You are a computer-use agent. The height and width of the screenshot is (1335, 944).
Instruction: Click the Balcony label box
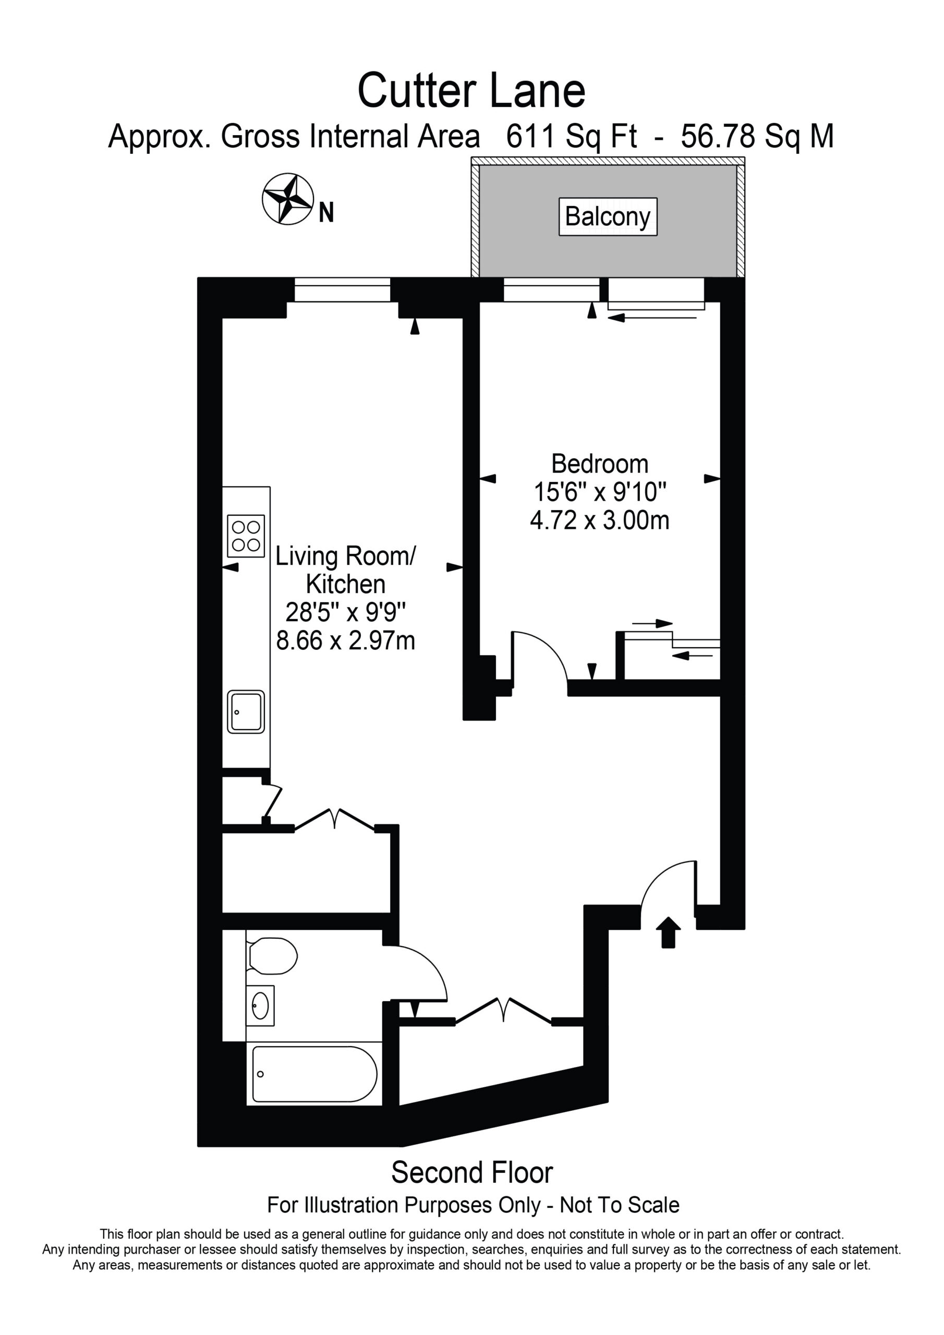608,217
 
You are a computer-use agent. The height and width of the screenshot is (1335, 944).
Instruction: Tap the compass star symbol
288,199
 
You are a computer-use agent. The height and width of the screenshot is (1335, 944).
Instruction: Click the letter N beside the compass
326,212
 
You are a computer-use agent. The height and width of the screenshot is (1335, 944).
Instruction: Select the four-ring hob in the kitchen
246,536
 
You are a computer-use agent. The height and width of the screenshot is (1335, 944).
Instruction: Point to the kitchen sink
246,711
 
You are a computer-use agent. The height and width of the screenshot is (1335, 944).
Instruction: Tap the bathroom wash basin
260,1006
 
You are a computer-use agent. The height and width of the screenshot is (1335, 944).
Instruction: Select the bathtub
314,1074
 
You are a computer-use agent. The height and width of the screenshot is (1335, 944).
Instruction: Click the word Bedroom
600,464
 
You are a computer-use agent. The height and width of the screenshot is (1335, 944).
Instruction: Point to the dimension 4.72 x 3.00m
600,520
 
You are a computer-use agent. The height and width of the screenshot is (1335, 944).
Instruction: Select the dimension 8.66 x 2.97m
345,640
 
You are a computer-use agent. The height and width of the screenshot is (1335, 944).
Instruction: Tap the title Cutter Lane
471,91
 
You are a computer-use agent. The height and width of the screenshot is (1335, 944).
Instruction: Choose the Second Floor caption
471,1173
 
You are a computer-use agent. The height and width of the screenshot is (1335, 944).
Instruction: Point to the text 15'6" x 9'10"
600,492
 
